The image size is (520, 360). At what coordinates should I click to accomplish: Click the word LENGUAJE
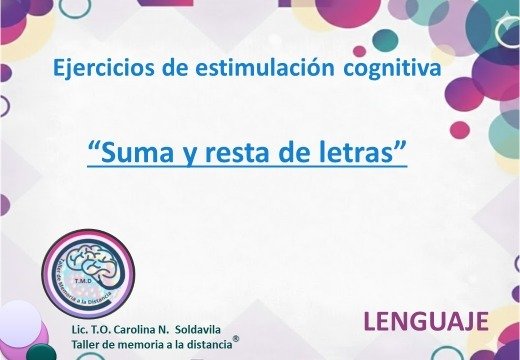point(425,321)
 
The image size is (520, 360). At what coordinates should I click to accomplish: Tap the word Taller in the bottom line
point(88,344)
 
